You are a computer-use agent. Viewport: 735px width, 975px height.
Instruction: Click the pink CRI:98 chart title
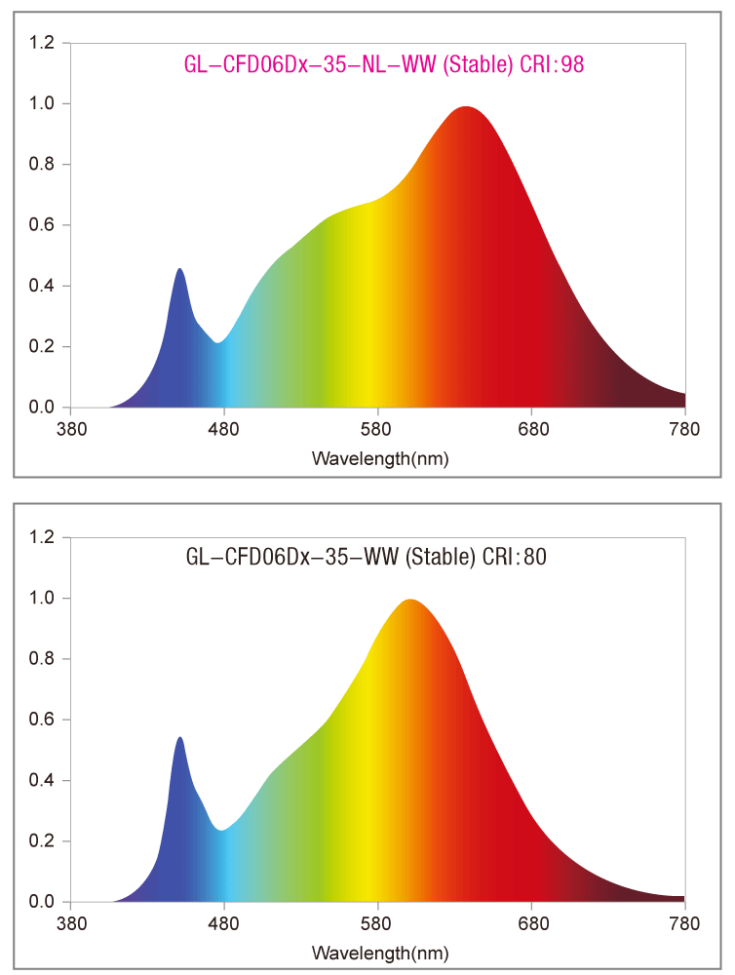point(383,64)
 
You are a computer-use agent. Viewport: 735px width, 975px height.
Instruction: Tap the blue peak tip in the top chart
point(179,270)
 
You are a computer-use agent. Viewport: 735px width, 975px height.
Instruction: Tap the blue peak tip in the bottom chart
point(179,739)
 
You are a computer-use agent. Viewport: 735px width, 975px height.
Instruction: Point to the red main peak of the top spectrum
point(466,109)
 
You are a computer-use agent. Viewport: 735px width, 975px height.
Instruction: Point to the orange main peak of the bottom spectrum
point(409,602)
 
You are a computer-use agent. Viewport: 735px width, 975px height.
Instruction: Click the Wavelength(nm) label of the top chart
point(379,457)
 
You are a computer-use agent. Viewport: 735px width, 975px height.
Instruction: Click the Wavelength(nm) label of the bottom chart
point(379,952)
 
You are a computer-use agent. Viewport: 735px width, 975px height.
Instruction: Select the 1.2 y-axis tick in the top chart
point(43,43)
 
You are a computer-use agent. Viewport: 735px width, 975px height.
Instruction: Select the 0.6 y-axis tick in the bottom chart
point(43,720)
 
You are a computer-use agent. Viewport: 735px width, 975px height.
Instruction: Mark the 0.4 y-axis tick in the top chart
point(43,286)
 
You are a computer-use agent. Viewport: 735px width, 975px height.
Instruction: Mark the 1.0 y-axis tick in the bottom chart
point(43,598)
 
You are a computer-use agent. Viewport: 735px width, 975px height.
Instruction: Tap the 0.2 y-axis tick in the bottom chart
point(43,840)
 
